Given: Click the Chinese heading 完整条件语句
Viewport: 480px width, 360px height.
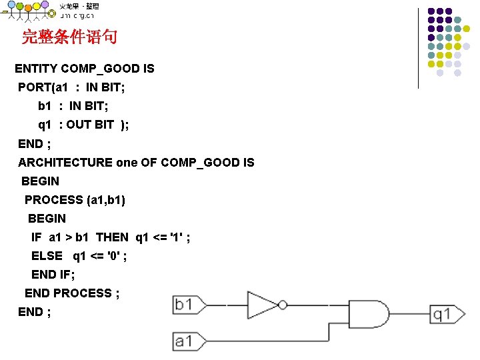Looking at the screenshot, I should pyautogui.click(x=69, y=37).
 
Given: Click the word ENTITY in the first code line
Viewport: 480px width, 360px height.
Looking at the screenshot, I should pyautogui.click(x=36, y=69).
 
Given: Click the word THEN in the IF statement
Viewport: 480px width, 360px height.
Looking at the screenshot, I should pyautogui.click(x=113, y=237).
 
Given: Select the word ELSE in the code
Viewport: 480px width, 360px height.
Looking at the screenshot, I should pyautogui.click(x=47, y=255).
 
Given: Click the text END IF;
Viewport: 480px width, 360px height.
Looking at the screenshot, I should pyautogui.click(x=53, y=274).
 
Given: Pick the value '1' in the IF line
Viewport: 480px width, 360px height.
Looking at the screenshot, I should pyautogui.click(x=177, y=237).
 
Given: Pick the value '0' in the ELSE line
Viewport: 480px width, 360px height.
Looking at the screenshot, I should pyautogui.click(x=113, y=255).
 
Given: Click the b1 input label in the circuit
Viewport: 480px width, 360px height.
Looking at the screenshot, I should pyautogui.click(x=183, y=305).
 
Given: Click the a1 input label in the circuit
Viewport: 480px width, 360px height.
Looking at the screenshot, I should pyautogui.click(x=183, y=341).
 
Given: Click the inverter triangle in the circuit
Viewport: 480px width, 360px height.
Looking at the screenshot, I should pyautogui.click(x=262, y=305).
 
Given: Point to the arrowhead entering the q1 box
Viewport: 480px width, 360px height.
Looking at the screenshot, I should pyautogui.click(x=425, y=314).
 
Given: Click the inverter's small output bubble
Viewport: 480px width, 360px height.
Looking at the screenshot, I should pyautogui.click(x=283, y=305).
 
